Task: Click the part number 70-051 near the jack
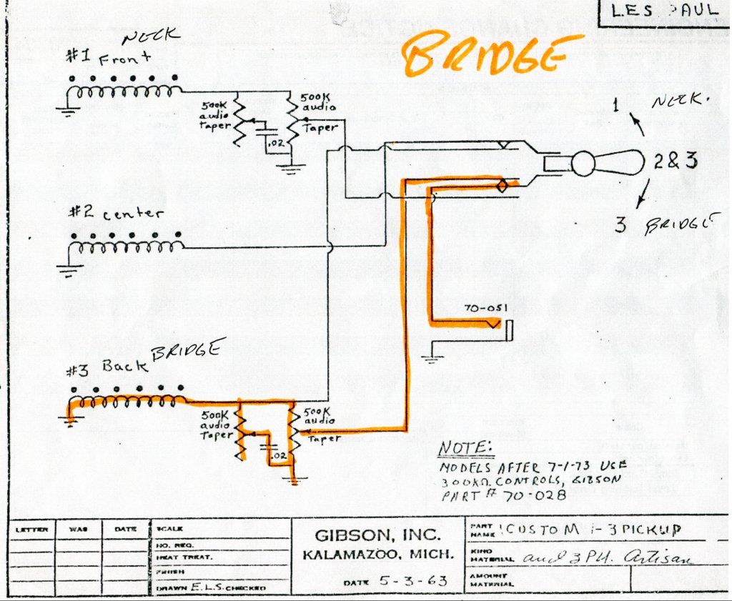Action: (x=487, y=308)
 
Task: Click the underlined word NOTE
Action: (x=465, y=448)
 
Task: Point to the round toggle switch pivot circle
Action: (x=583, y=164)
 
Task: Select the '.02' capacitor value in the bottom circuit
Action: (x=280, y=455)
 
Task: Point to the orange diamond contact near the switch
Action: (x=502, y=187)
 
